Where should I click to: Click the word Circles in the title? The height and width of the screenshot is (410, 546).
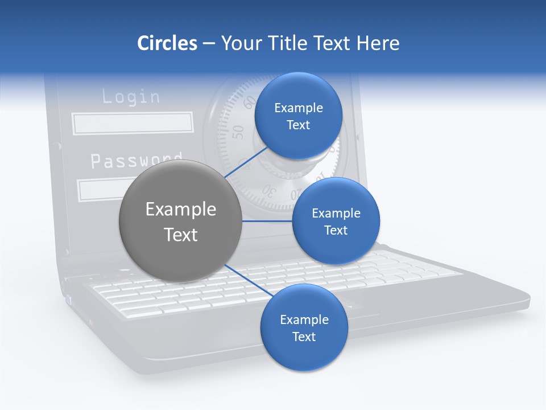(167, 43)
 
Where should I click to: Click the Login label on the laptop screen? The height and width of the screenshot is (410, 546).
(131, 97)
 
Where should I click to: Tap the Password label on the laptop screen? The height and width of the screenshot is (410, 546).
(136, 160)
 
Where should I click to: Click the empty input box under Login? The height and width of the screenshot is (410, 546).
(133, 123)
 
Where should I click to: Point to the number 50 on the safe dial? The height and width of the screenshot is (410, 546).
(239, 132)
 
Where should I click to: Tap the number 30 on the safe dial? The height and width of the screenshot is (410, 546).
(272, 191)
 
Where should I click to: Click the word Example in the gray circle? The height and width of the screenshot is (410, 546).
(181, 210)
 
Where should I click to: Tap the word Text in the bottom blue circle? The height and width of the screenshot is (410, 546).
(304, 337)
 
